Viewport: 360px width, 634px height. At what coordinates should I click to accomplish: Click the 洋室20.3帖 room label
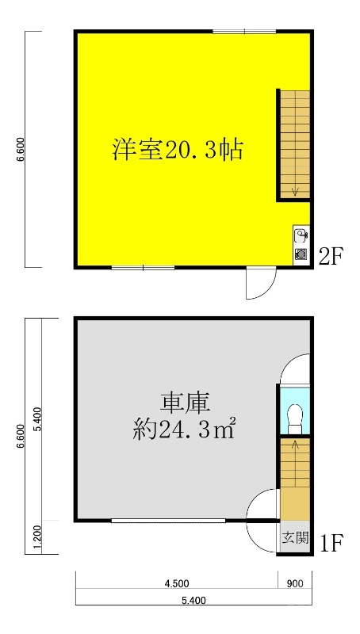point(177,148)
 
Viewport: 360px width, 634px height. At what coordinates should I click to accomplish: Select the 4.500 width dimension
point(176,583)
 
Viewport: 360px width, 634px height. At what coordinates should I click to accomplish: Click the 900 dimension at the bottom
point(295,583)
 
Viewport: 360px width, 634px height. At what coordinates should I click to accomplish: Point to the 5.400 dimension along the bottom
point(193,601)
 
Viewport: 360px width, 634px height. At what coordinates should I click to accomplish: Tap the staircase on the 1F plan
point(294,475)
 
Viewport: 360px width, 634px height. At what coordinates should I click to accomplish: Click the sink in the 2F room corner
point(301,235)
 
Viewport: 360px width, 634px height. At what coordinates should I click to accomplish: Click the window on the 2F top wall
point(244,31)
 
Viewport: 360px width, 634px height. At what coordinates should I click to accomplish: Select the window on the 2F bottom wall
point(143,268)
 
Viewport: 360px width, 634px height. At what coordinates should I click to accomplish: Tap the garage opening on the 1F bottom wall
point(168,521)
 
